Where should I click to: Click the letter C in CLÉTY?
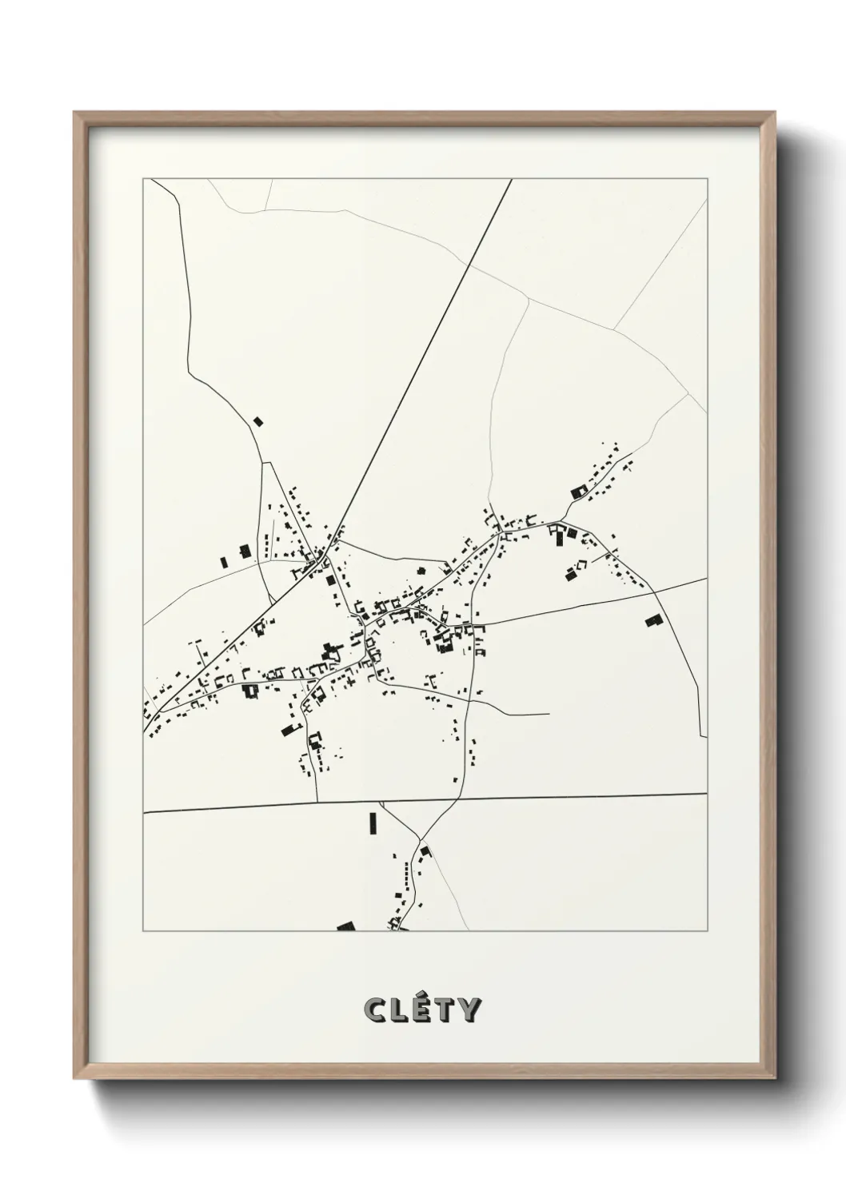(x=374, y=1009)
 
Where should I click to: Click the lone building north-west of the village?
(x=257, y=420)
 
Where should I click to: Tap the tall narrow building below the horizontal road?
(x=372, y=823)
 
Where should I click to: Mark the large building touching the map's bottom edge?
(x=345, y=927)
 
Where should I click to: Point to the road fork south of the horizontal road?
(x=419, y=839)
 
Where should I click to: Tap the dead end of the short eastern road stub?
(x=549, y=714)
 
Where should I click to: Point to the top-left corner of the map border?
(x=143, y=178)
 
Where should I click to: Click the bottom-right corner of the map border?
(x=708, y=931)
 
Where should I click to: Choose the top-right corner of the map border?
(x=708, y=178)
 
